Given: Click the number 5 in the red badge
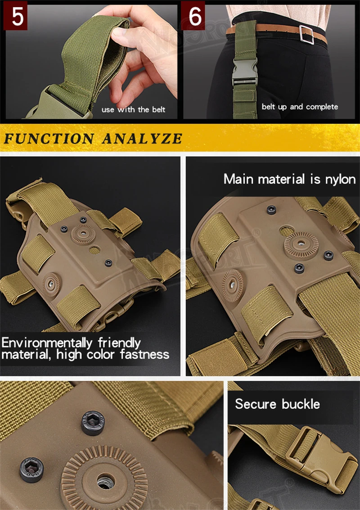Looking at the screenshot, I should point(17,17).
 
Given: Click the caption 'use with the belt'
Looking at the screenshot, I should point(133,109).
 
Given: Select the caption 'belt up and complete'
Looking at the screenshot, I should point(300,107).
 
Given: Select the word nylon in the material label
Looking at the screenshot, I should point(340,179).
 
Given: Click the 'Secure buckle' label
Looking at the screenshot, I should point(277,403).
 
